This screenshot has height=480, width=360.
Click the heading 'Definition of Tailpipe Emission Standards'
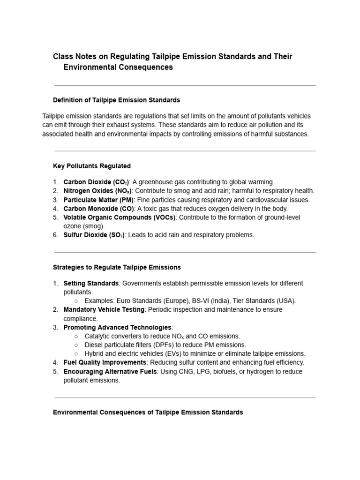tap(116, 100)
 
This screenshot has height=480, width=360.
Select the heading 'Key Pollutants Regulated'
tap(92, 166)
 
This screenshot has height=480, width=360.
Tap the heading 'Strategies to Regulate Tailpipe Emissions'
tap(117, 267)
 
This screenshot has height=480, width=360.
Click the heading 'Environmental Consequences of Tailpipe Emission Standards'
tap(148, 412)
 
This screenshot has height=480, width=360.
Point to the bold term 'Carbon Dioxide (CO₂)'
tap(94, 182)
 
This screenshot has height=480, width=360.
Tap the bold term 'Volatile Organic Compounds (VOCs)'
tap(119, 217)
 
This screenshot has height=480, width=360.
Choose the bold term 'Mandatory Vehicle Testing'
tap(104, 310)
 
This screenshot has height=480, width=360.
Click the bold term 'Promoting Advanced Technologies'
tap(117, 327)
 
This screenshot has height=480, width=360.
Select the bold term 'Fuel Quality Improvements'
tap(105, 362)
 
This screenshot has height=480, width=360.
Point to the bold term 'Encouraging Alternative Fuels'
tap(111, 371)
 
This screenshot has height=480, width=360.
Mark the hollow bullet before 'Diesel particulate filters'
tap(76, 345)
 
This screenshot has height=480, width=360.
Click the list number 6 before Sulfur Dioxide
tap(55, 235)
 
